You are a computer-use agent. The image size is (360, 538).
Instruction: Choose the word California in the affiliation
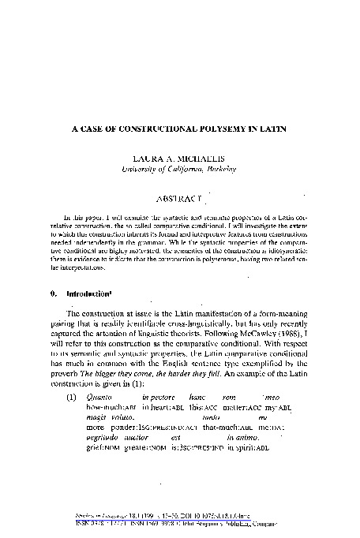(174, 168)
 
